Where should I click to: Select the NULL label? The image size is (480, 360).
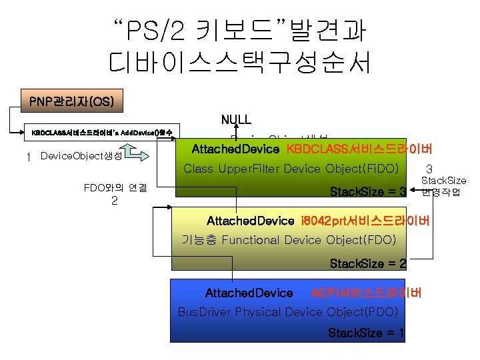[x=236, y=120]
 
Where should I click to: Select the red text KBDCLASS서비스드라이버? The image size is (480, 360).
[x=359, y=148]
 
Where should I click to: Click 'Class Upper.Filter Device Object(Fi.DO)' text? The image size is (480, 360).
[x=291, y=169]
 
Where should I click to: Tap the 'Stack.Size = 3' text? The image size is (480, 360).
[x=368, y=193]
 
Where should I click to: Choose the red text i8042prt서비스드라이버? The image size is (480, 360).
[x=365, y=221]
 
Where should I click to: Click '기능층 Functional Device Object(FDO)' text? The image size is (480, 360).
[x=289, y=239]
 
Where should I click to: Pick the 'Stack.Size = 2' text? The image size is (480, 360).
[x=368, y=263]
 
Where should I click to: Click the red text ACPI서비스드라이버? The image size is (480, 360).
[x=366, y=293]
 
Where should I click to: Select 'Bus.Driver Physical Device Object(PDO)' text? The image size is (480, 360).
[x=288, y=312]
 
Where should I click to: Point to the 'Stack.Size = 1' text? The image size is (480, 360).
[x=366, y=333]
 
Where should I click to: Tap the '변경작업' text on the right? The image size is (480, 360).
[x=441, y=193]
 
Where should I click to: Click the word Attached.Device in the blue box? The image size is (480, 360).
[x=249, y=293]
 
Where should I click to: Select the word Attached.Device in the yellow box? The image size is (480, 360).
[x=250, y=221]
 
